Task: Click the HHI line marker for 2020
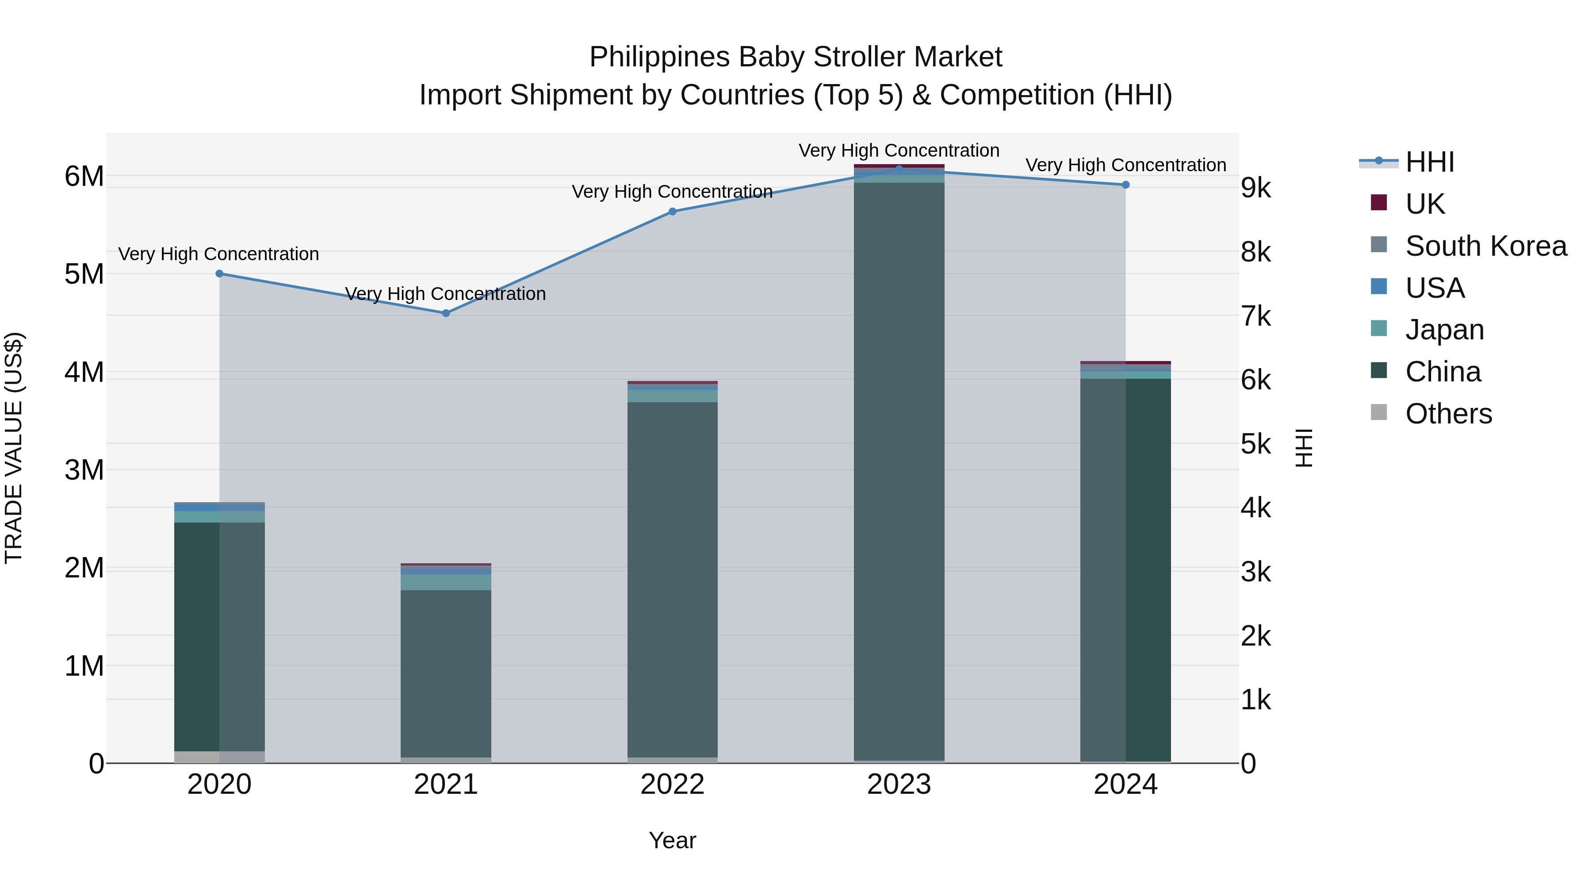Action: click(x=219, y=273)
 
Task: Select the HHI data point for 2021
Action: click(x=446, y=313)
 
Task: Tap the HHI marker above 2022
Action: click(x=672, y=212)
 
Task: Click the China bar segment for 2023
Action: click(x=899, y=470)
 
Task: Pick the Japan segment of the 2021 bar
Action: click(x=446, y=582)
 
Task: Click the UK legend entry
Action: click(x=1424, y=204)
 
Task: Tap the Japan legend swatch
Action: click(x=1379, y=329)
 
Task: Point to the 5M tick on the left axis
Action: click(x=84, y=274)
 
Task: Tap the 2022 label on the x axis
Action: click(x=672, y=784)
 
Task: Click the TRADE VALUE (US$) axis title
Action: click(x=14, y=448)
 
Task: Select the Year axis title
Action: click(x=672, y=840)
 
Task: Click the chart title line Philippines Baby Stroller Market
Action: click(x=796, y=57)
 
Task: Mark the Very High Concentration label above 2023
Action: click(x=899, y=150)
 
